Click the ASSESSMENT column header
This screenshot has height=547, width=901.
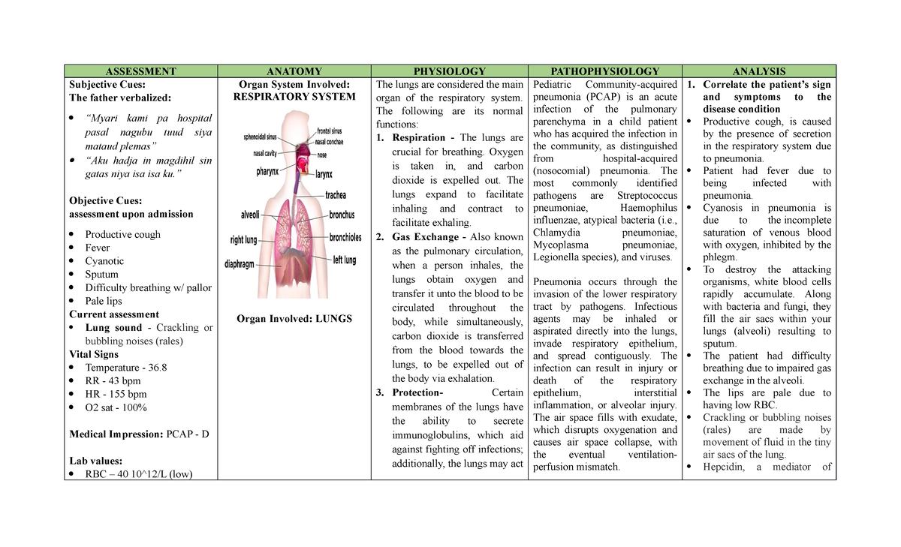(x=141, y=71)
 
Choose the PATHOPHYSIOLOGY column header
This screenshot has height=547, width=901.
(x=605, y=71)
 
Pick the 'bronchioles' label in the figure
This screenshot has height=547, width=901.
(x=345, y=238)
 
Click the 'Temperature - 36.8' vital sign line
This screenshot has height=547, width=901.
(x=125, y=368)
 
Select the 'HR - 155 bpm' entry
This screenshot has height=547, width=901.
(x=116, y=394)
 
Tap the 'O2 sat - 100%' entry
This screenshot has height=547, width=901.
(x=116, y=407)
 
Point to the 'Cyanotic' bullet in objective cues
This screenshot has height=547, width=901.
(x=104, y=261)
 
